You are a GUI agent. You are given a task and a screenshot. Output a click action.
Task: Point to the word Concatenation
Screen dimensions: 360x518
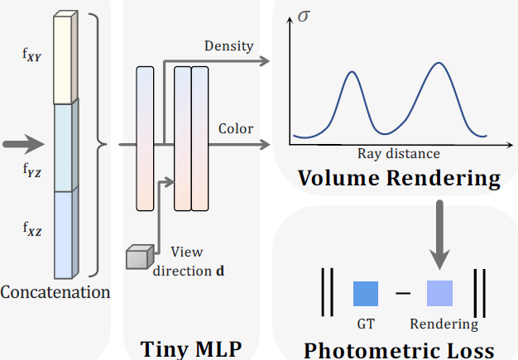pos(55,292)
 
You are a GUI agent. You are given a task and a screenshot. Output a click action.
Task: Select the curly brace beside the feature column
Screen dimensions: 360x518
pos(98,146)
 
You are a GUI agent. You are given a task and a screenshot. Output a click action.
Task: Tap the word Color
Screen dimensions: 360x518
pos(236,128)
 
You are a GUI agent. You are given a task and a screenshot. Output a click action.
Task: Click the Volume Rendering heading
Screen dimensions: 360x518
pos(399,177)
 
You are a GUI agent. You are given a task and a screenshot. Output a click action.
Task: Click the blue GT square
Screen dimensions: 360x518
pos(366,294)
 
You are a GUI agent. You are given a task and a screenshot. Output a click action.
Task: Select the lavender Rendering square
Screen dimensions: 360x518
pos(439,294)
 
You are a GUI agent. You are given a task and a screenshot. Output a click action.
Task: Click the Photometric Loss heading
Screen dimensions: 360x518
pos(399,348)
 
